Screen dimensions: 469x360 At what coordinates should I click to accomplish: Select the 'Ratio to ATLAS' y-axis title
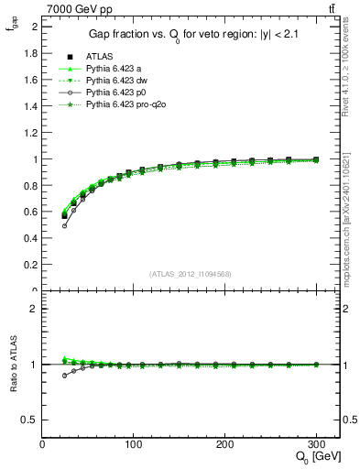point(12,365)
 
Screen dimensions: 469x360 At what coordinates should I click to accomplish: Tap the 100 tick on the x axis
point(134,444)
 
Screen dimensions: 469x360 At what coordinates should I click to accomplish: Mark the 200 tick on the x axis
point(225,444)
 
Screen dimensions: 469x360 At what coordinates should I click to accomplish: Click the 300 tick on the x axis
point(317,444)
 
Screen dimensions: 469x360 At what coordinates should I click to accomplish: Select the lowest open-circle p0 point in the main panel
point(64,225)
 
